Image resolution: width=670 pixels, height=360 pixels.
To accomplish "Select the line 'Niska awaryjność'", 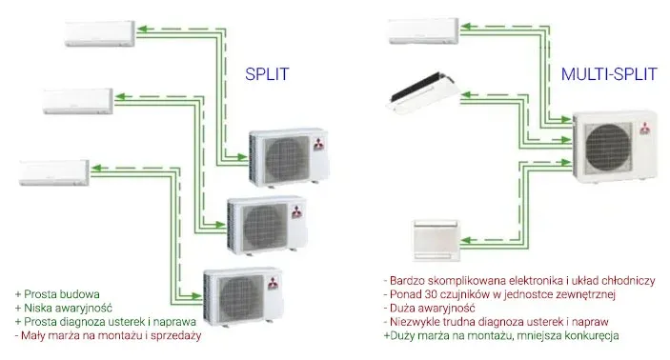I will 64,308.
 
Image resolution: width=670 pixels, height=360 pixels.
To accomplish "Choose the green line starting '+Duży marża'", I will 501,336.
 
